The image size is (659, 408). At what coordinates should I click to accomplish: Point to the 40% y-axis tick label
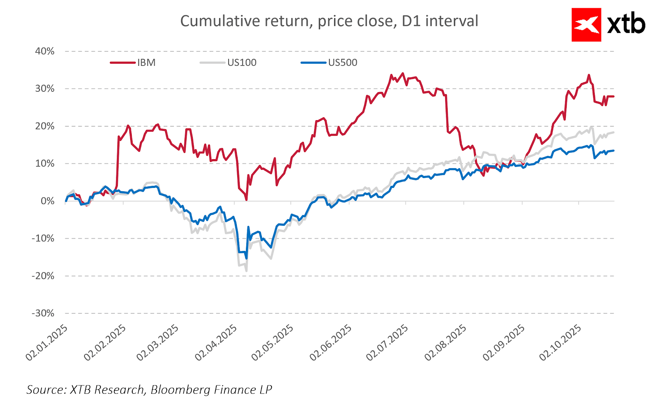[x=44, y=51]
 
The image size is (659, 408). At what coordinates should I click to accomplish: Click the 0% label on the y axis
[x=47, y=201]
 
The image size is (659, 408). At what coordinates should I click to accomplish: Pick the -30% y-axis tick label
[x=43, y=313]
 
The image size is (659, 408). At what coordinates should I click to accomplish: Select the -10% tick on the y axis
[x=43, y=239]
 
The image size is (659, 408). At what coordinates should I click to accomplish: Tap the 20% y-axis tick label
[x=44, y=126]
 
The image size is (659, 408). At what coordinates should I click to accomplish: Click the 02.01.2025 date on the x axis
[x=46, y=342]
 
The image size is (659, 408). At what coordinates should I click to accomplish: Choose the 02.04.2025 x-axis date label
[x=216, y=342]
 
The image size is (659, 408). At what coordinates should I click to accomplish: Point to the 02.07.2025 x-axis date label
[x=387, y=342]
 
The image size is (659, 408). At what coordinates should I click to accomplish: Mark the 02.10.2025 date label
[x=560, y=342]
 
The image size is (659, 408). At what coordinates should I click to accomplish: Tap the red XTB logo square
[x=586, y=25]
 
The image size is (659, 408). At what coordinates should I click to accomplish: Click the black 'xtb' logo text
[x=626, y=25]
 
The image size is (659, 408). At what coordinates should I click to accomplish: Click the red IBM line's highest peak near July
[x=402, y=73]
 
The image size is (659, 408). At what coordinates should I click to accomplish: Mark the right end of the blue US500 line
[x=614, y=151]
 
